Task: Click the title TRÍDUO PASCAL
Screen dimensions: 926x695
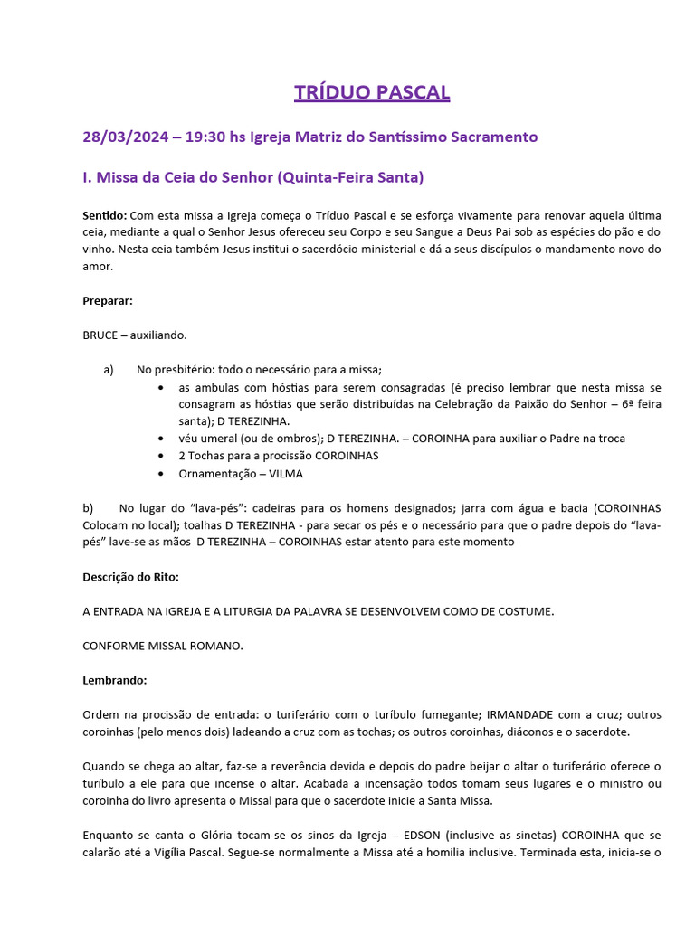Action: [372, 92]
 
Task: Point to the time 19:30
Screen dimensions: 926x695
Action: [205, 137]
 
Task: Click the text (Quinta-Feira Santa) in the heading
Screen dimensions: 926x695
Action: [352, 178]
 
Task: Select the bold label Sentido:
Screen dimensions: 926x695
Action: [104, 216]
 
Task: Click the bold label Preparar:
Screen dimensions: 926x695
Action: [108, 300]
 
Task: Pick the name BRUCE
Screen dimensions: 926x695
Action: [100, 335]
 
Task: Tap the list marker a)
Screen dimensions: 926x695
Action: [109, 369]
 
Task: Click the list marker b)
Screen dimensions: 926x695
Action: [88, 508]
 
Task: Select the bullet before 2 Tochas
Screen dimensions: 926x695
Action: [161, 456]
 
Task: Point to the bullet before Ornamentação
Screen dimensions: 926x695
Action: [161, 473]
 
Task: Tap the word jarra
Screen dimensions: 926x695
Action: [458, 508]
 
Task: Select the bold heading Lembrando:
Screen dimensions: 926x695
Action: [114, 680]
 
